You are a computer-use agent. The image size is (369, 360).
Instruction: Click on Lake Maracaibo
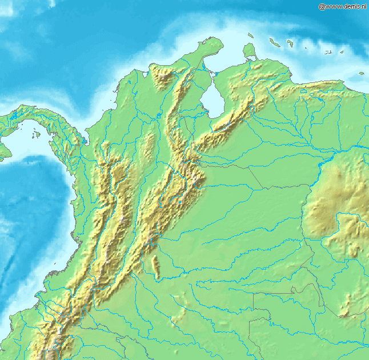212,101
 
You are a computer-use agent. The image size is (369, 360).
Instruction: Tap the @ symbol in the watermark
322,6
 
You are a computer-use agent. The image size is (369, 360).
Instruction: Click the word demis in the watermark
351,6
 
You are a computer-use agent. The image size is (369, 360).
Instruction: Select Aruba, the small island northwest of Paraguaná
250,34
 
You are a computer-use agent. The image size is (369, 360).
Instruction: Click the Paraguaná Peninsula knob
248,51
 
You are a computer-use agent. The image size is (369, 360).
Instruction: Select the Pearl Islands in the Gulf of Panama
35,135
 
